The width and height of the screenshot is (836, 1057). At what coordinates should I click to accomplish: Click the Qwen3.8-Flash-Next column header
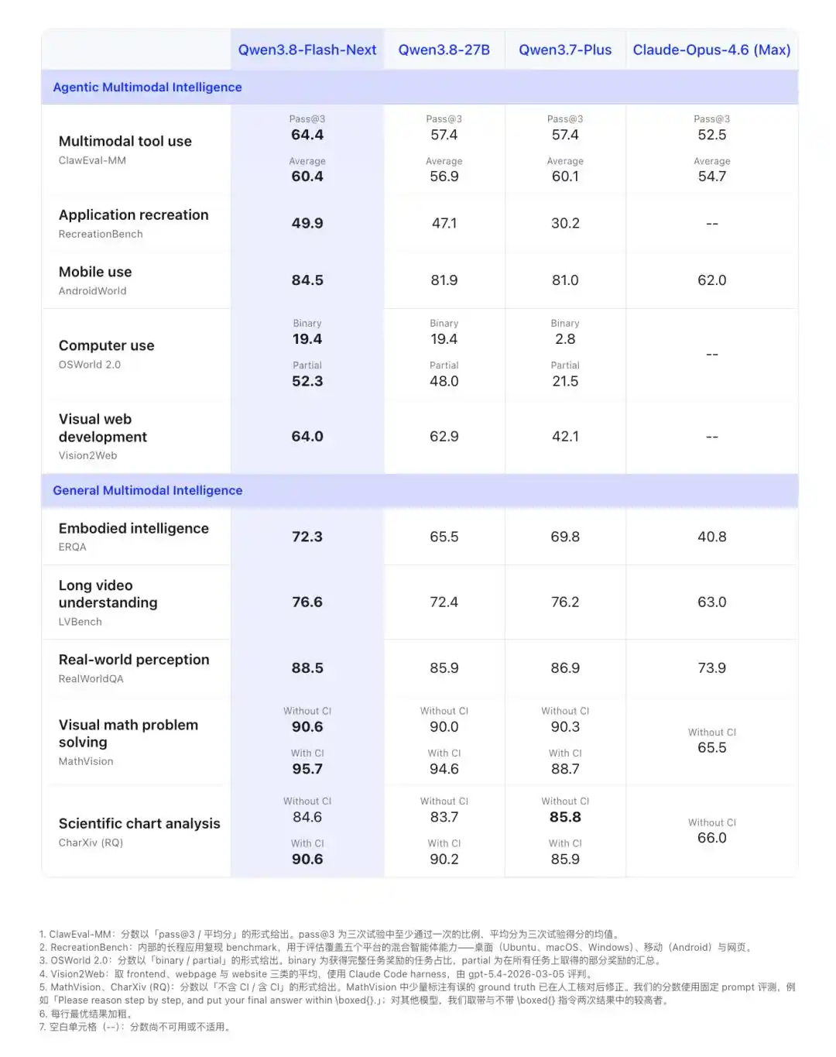(x=307, y=50)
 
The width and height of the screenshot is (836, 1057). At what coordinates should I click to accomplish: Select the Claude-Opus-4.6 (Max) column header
(x=711, y=50)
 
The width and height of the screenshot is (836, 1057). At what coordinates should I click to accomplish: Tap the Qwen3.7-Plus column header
(x=565, y=50)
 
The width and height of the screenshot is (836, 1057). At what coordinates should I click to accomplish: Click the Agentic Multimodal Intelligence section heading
(x=147, y=87)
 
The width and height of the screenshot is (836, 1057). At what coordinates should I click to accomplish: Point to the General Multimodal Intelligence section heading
(x=147, y=490)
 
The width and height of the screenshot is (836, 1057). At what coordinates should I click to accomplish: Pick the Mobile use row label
(x=95, y=272)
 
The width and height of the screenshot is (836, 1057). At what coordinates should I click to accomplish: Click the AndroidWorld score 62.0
(x=711, y=280)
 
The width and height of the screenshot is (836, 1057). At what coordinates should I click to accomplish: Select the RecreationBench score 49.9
(x=307, y=223)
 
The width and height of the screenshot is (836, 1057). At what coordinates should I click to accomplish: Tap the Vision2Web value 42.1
(x=565, y=436)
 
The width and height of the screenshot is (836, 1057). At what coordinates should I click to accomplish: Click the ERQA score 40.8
(x=711, y=537)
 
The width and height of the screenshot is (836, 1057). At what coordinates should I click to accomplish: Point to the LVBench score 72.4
(x=444, y=602)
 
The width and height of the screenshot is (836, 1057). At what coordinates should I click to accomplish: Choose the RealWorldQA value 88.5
(x=307, y=667)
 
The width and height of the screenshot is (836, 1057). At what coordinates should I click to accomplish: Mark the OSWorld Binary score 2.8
(x=565, y=339)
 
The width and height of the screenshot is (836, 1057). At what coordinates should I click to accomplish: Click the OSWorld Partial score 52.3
(x=307, y=381)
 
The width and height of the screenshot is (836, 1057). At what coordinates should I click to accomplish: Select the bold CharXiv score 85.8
(x=565, y=817)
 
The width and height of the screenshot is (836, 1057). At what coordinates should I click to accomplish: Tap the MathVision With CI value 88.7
(x=565, y=769)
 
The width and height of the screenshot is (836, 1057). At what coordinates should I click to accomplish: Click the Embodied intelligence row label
(x=134, y=528)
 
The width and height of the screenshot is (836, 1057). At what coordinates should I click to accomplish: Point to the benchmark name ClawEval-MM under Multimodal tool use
(x=92, y=160)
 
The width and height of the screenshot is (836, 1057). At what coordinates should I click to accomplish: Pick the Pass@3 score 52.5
(x=711, y=135)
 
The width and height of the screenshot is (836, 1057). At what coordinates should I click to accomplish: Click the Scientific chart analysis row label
(x=139, y=823)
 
